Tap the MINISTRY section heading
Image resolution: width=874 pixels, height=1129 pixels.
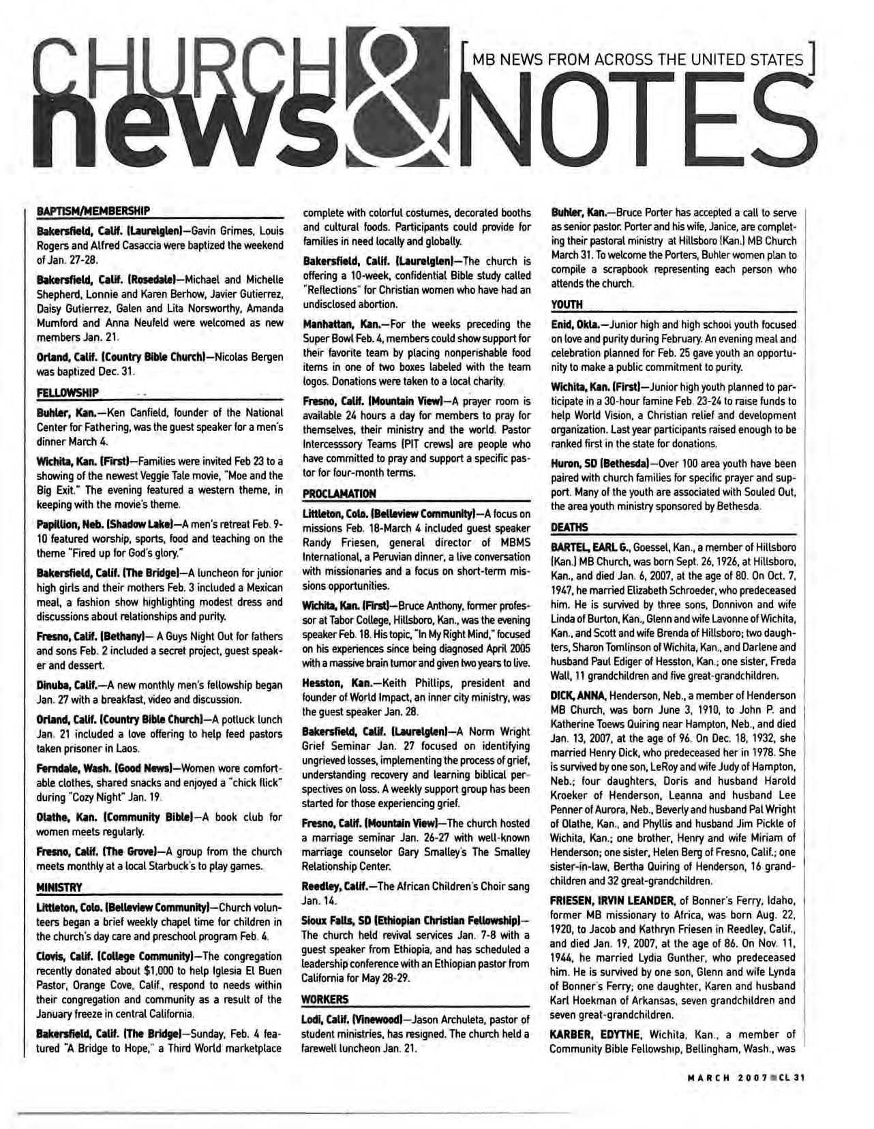click(x=59, y=887)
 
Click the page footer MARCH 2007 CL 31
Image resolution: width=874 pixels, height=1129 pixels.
click(x=746, y=1078)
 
